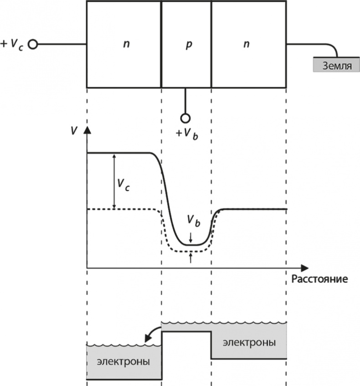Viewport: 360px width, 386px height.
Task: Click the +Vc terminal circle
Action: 32,45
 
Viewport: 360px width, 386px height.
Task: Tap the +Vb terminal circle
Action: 185,118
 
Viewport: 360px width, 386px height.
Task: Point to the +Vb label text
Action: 187,134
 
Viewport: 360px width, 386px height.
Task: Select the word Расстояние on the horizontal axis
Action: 319,278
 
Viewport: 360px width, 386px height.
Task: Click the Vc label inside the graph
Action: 122,184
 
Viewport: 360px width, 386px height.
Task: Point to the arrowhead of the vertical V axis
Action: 87,130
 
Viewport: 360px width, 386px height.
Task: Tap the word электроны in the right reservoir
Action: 249,342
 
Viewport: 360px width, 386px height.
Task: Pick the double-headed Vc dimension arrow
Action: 114,181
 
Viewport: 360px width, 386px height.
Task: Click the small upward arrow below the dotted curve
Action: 191,258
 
